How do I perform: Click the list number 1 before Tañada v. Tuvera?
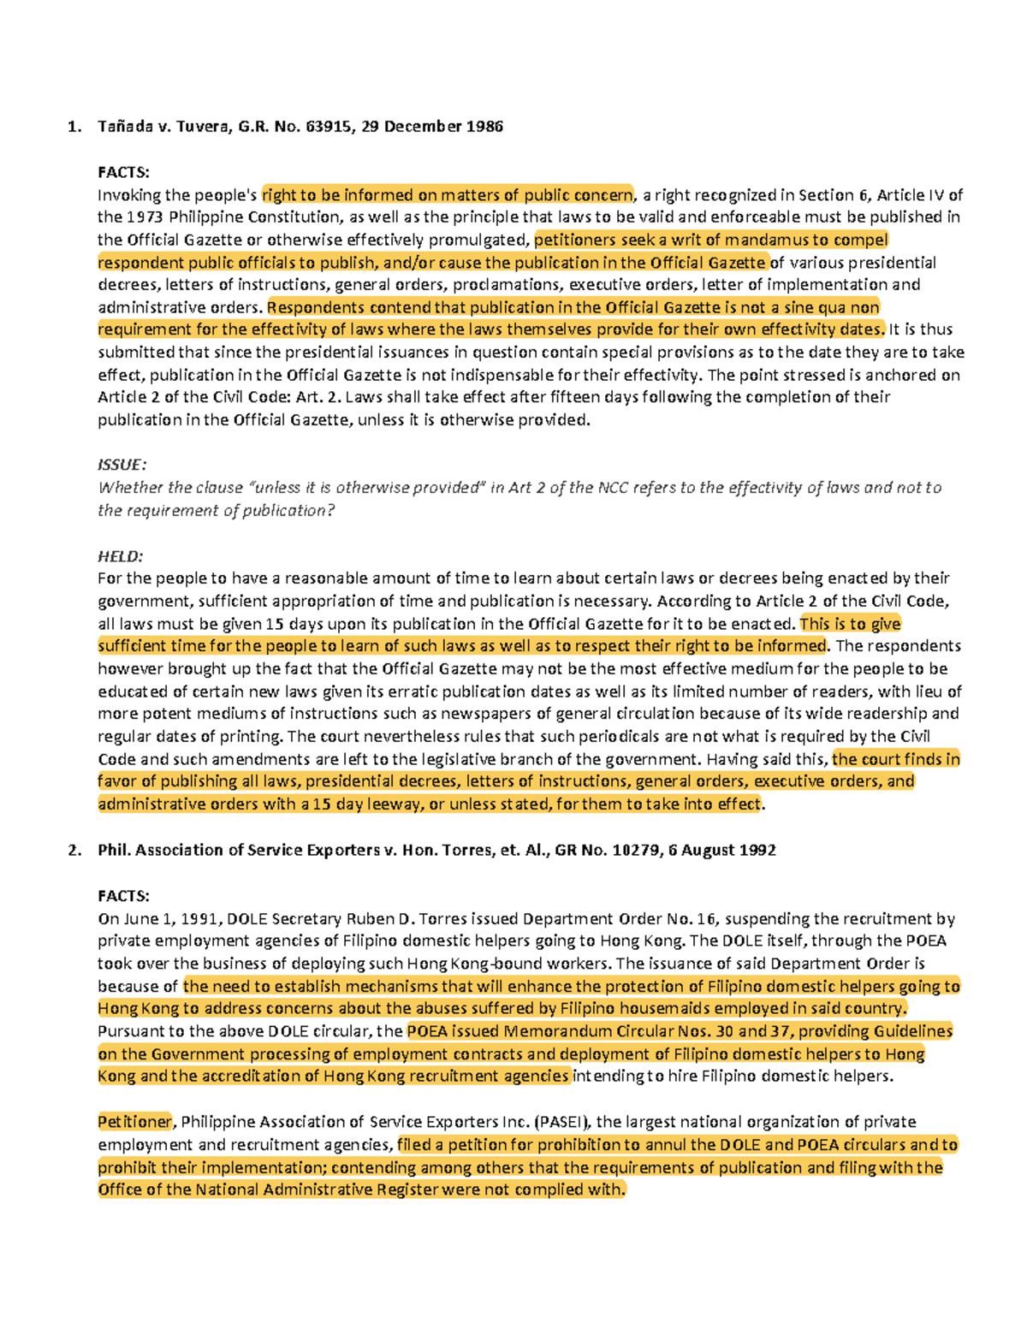pyautogui.click(x=73, y=127)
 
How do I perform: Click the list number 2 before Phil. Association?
pyautogui.click(x=73, y=851)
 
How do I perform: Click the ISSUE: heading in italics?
pyautogui.click(x=122, y=465)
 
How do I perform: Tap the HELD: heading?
pyautogui.click(x=120, y=556)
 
